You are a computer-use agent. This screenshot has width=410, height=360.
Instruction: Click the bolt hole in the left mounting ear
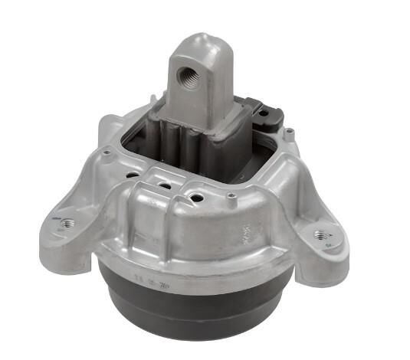tap(67, 223)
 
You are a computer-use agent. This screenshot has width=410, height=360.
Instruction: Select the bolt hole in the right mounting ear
tap(320, 233)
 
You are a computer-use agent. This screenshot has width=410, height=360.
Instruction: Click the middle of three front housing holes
tap(163, 186)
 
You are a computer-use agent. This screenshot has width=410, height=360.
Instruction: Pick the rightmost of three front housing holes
tap(197, 198)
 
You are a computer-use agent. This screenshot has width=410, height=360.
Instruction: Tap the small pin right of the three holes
tap(230, 198)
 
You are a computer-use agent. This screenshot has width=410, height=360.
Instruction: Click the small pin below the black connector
tap(288, 136)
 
